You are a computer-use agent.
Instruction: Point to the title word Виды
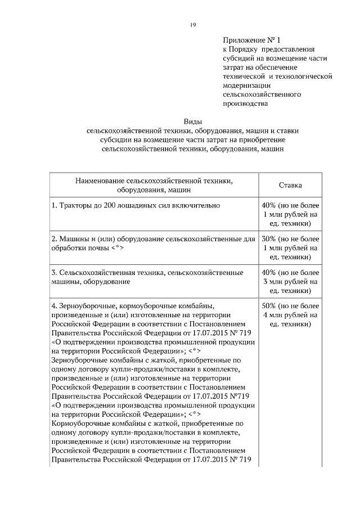pos(193,121)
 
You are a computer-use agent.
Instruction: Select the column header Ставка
pos(290,185)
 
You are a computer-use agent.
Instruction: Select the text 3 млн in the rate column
pos(273,281)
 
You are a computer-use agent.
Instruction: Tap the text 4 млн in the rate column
pos(273,315)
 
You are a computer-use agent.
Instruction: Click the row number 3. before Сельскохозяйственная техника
pos(55,272)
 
